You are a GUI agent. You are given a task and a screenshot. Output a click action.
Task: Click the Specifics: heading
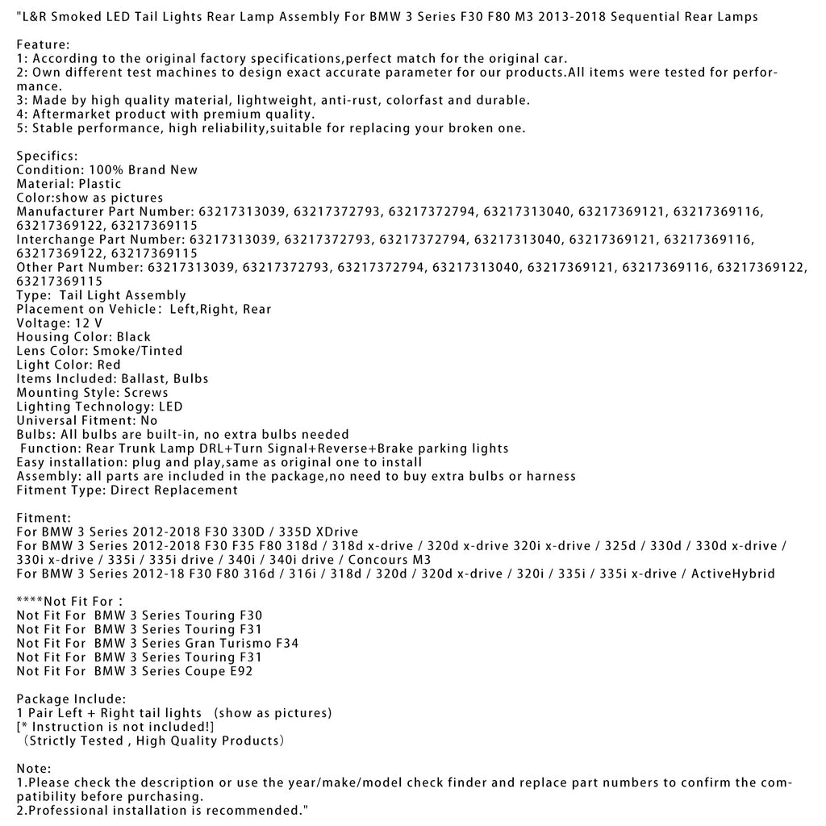pyautogui.click(x=48, y=156)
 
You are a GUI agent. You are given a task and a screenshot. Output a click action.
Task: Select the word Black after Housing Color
pyautogui.click(x=133, y=337)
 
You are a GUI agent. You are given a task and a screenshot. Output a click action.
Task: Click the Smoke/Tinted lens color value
pyautogui.click(x=138, y=351)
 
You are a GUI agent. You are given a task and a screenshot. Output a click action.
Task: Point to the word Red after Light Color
pyautogui.click(x=108, y=365)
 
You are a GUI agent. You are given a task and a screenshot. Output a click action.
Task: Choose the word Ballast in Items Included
pyautogui.click(x=144, y=378)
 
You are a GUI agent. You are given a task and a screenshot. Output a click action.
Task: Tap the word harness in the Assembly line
pyautogui.click(x=551, y=476)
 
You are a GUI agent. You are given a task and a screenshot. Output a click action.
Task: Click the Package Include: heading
pyautogui.click(x=71, y=699)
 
